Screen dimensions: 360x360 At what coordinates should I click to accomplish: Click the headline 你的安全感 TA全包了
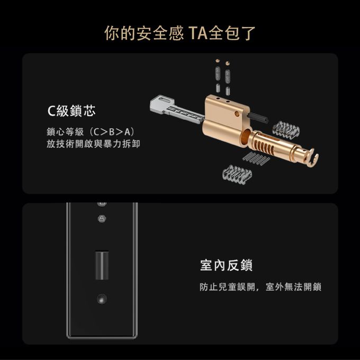tap(180, 33)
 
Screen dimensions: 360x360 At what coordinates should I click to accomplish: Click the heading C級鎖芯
tap(71, 111)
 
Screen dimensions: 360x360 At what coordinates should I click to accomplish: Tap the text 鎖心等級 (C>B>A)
tap(91, 132)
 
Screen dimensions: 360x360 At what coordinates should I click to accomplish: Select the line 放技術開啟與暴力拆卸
tap(93, 144)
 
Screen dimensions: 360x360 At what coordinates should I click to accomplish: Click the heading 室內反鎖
tap(227, 265)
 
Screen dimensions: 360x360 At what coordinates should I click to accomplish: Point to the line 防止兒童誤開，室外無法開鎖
tap(260, 287)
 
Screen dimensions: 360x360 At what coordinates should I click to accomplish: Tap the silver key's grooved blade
tap(186, 114)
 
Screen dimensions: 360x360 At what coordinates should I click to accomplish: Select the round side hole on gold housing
tap(237, 113)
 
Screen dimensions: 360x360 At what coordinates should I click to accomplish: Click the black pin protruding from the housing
tap(258, 117)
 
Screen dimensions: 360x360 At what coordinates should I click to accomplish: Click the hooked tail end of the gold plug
tap(313, 158)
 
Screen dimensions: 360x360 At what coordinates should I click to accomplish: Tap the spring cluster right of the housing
tap(286, 130)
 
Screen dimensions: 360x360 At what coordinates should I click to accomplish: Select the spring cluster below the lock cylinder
tap(237, 173)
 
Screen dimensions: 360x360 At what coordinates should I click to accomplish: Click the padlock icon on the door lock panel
tap(102, 219)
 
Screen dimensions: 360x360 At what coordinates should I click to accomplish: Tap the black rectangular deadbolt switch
tap(102, 265)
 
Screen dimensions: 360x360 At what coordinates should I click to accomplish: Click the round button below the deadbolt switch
tap(102, 299)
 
